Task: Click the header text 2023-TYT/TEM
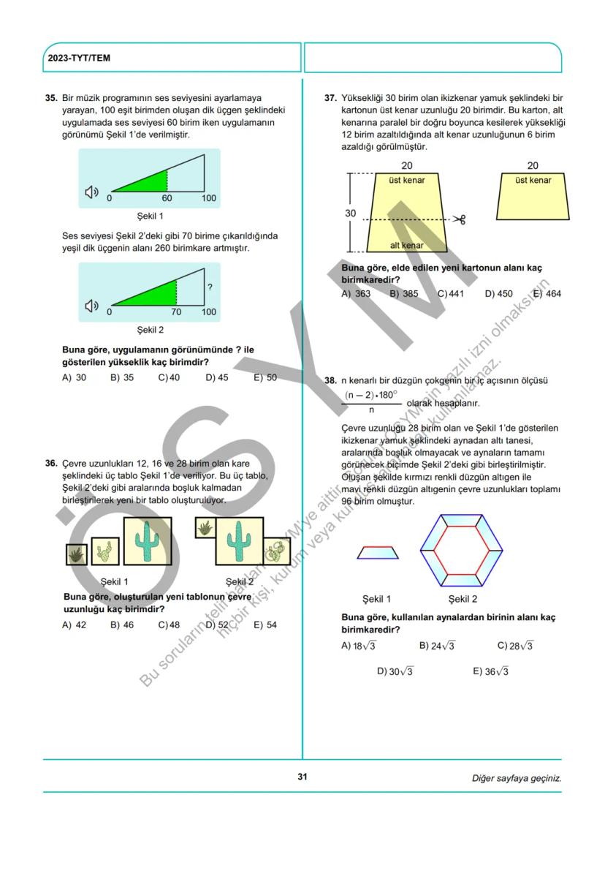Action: (x=79, y=58)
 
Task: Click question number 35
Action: (x=51, y=98)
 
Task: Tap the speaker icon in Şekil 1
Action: (x=91, y=192)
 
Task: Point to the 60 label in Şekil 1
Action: (x=167, y=198)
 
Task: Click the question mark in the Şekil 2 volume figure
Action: (x=210, y=288)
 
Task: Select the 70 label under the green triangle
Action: (x=176, y=312)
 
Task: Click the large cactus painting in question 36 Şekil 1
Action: (x=148, y=542)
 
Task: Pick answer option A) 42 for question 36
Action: (x=75, y=625)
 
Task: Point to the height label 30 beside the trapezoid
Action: (x=351, y=214)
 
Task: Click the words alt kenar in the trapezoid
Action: (x=406, y=246)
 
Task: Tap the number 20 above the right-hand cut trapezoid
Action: (x=533, y=167)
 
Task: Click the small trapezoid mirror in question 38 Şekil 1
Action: (x=378, y=552)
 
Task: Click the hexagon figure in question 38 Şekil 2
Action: (x=462, y=550)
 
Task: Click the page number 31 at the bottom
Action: (x=302, y=777)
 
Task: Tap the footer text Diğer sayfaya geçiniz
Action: (x=517, y=778)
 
